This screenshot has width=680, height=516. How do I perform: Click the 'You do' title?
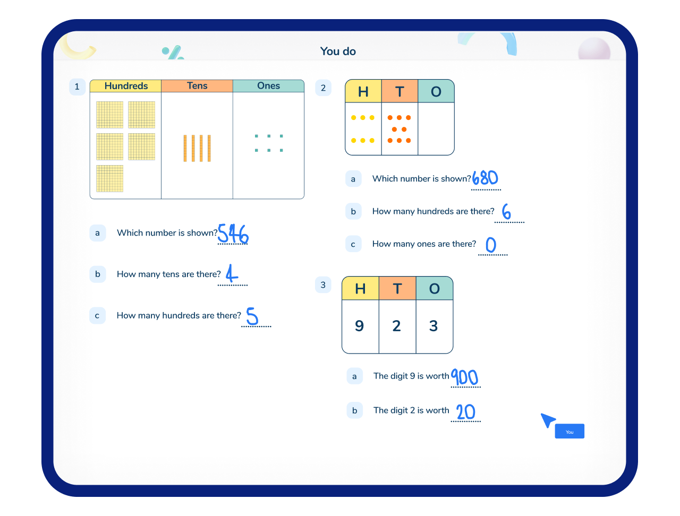tap(338, 51)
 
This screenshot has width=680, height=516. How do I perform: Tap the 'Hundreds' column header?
tap(126, 86)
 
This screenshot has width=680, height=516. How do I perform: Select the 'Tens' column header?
tap(197, 86)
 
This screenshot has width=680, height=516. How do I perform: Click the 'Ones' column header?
tap(268, 86)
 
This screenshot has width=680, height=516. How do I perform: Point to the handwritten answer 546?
tap(233, 234)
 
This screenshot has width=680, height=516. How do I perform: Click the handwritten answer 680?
tap(485, 178)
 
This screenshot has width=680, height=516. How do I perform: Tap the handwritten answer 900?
tap(464, 377)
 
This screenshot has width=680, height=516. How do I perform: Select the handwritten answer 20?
tap(465, 412)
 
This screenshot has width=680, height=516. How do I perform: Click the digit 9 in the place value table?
tap(359, 325)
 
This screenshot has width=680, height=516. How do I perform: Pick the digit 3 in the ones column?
tap(433, 325)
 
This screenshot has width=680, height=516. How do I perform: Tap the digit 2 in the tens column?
tap(396, 325)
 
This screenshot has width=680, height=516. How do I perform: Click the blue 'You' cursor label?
tap(569, 431)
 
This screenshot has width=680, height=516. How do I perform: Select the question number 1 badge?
tap(77, 87)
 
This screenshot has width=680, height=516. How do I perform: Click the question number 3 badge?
tap(323, 285)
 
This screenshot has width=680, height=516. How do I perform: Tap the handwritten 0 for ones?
tap(491, 245)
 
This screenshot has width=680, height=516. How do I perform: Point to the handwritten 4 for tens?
tap(232, 273)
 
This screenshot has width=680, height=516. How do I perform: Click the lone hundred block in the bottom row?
tap(109, 178)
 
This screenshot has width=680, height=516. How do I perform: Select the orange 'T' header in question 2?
tap(399, 91)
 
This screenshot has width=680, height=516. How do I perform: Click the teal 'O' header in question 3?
tap(435, 288)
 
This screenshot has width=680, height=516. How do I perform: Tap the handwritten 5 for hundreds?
tap(252, 316)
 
